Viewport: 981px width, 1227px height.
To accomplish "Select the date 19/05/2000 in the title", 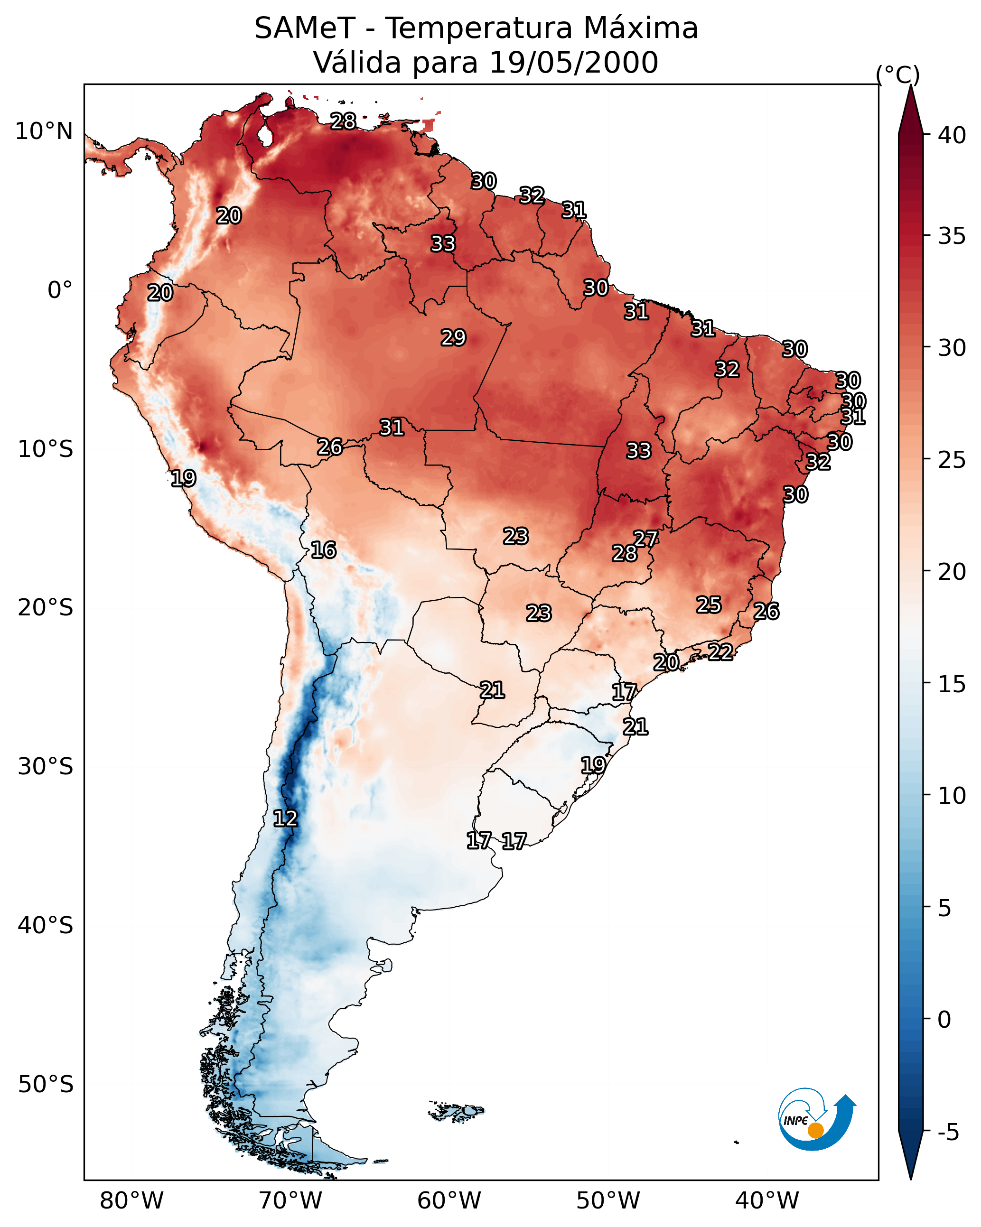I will point(573,63).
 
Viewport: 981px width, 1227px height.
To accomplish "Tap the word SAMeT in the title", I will point(305,28).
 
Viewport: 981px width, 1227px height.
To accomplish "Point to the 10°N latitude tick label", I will point(44,131).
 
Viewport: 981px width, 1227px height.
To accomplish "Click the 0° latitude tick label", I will point(60,290).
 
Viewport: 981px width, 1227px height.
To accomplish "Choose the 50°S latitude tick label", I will point(46,1085).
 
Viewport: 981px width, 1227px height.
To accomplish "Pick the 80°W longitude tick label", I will point(131,1201).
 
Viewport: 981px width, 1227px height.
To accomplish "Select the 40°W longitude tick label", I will point(767,1201).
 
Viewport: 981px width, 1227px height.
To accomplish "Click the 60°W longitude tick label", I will point(449,1201).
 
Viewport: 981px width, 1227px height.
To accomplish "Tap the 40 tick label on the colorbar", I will point(952,135).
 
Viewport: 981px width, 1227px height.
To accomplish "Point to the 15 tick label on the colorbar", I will point(952,684).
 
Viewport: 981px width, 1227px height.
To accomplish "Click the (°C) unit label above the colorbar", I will point(898,75).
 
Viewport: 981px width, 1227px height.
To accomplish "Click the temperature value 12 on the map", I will point(285,818).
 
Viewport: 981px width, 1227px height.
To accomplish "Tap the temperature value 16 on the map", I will point(323,550).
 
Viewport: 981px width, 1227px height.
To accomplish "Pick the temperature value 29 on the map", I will point(453,337).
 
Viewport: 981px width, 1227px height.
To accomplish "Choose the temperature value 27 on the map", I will point(645,539).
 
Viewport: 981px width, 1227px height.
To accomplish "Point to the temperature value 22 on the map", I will point(720,651).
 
